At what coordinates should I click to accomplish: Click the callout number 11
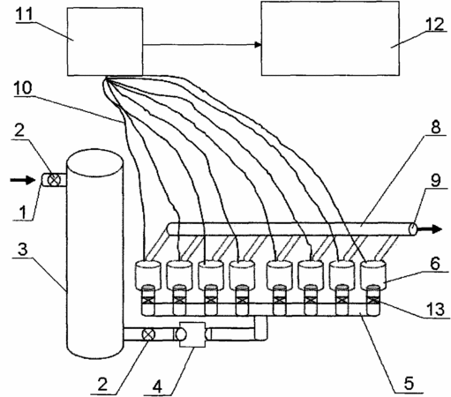click(x=24, y=13)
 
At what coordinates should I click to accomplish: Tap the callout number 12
click(x=435, y=24)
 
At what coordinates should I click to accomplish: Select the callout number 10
click(x=23, y=88)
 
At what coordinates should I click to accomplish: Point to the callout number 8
click(x=435, y=127)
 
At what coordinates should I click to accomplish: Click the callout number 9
click(x=436, y=180)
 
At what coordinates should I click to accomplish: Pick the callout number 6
click(x=435, y=263)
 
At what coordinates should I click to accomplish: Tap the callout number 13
click(x=436, y=309)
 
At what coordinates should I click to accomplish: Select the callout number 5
click(x=409, y=384)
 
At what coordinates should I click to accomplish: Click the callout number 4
click(x=157, y=386)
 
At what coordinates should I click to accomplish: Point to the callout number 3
click(x=22, y=249)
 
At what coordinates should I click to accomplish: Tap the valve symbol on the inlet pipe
click(x=54, y=180)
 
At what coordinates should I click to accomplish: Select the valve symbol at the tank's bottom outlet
click(x=148, y=334)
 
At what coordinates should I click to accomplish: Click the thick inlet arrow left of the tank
click(x=23, y=179)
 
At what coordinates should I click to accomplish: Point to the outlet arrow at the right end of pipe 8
click(x=430, y=228)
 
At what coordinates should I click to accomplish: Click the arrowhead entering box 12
click(x=258, y=45)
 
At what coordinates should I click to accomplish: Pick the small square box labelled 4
click(x=192, y=334)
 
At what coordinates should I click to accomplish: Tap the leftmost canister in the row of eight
click(x=147, y=275)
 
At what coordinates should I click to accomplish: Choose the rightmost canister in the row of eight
click(x=373, y=275)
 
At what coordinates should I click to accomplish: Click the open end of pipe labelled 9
click(x=413, y=228)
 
